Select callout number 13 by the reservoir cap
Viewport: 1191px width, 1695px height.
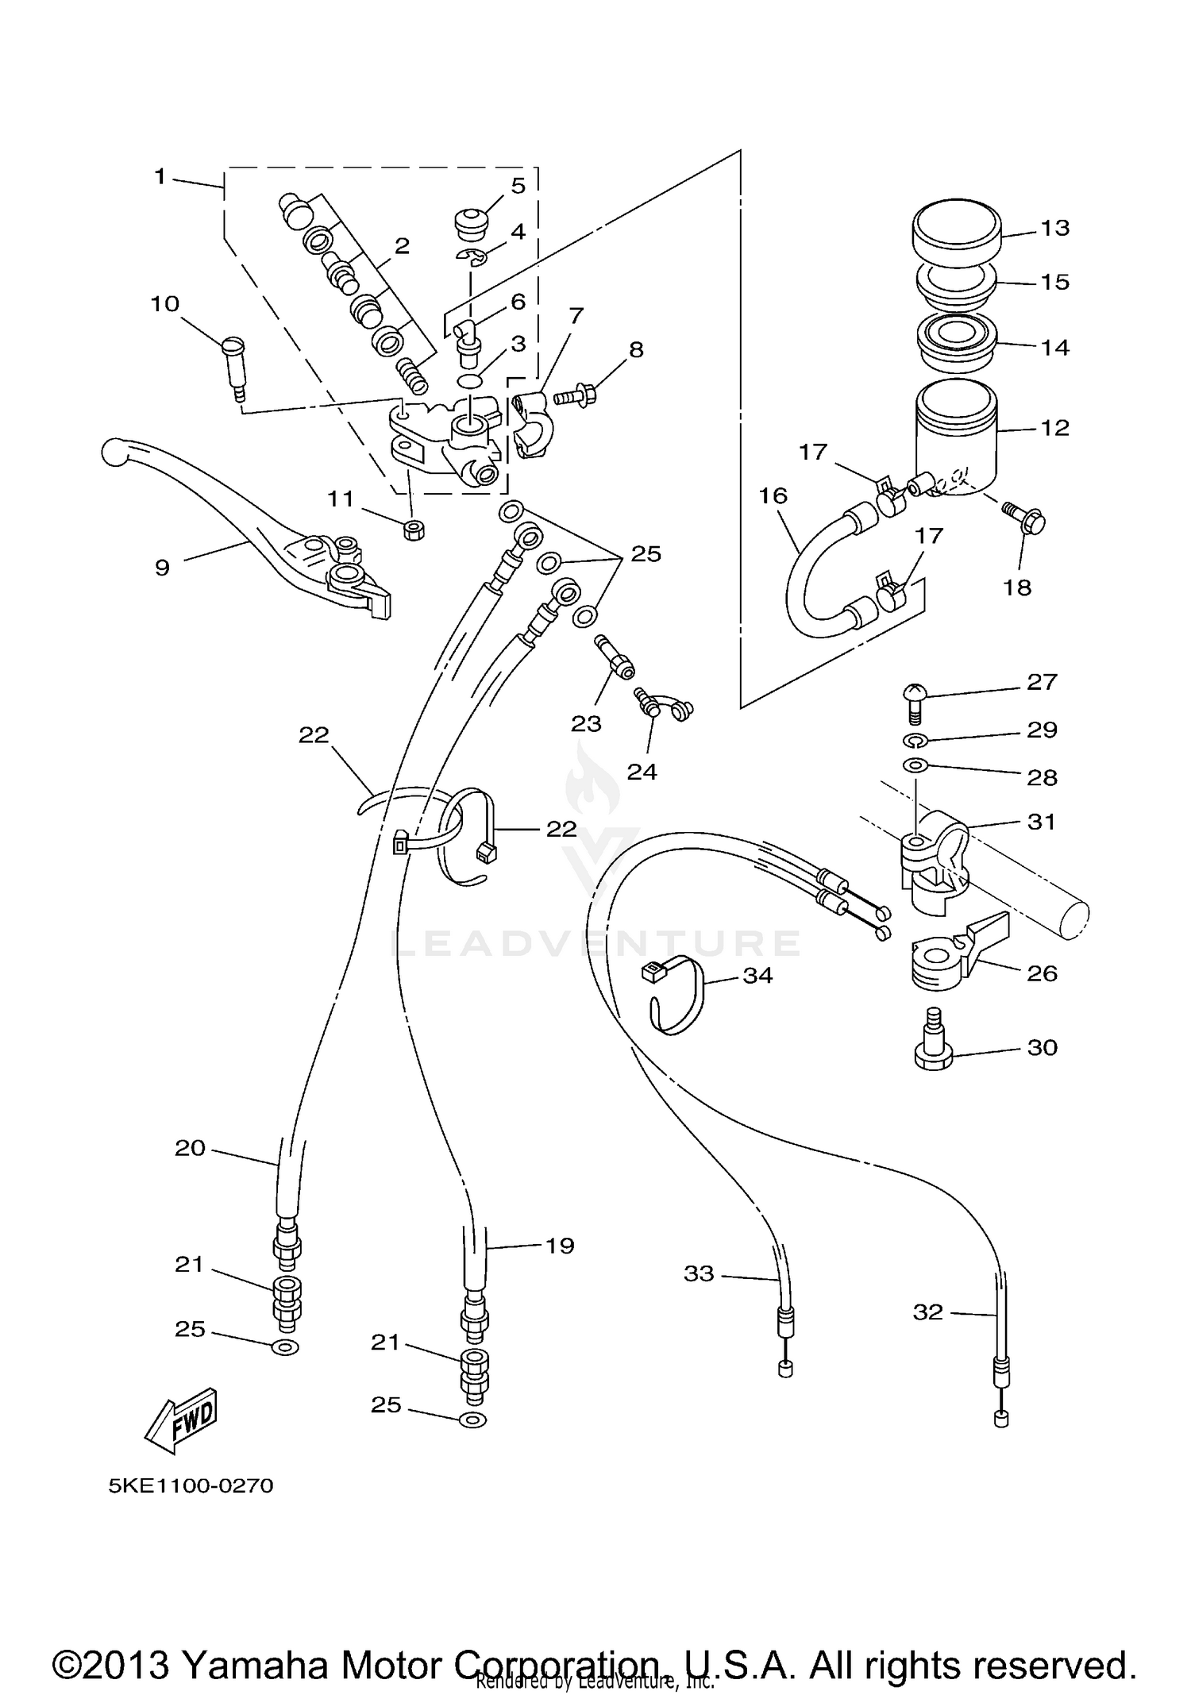1054,228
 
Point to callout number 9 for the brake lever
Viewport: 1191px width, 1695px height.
162,568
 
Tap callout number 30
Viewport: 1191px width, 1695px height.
1042,1048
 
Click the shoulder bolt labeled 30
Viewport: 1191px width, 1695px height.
934,1039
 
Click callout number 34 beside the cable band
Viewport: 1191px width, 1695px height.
757,975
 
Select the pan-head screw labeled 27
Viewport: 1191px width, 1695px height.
914,701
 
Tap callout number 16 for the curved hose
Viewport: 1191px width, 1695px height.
773,496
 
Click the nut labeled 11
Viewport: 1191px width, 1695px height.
412,530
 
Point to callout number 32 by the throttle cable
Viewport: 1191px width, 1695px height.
927,1312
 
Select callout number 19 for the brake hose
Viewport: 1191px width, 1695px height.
559,1246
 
